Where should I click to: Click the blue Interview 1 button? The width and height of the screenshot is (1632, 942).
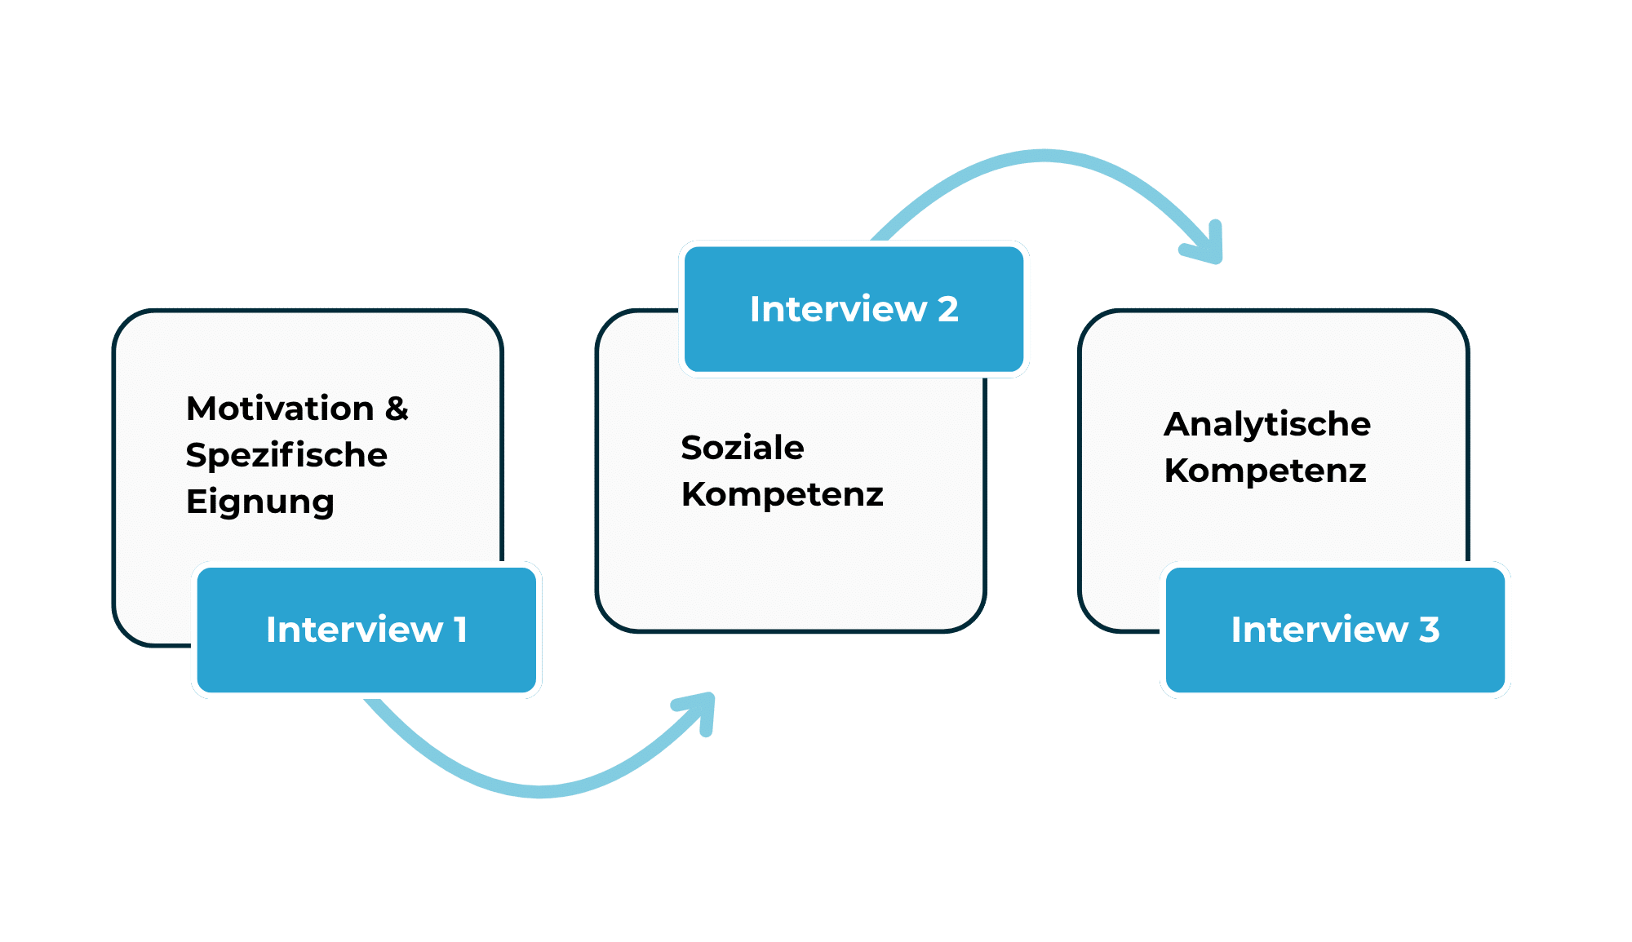tap(366, 630)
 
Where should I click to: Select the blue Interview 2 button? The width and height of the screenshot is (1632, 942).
tap(854, 310)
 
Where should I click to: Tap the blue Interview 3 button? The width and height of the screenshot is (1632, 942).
tap(1335, 630)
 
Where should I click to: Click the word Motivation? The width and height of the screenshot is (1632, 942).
tap(280, 409)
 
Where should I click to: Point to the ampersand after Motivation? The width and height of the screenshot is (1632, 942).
tap(397, 409)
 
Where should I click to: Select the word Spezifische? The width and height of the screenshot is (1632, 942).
tap(286, 455)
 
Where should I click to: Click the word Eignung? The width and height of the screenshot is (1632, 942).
tap(260, 502)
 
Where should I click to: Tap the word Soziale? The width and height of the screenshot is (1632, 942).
tap(743, 448)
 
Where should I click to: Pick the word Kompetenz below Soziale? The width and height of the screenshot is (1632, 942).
tap(783, 494)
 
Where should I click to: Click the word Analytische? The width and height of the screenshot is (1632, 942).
tap(1267, 424)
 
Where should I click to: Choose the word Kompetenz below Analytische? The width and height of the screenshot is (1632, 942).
tap(1265, 471)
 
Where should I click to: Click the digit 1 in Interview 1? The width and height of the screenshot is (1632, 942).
tap(460, 630)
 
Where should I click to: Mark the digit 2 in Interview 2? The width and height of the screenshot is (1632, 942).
tap(947, 310)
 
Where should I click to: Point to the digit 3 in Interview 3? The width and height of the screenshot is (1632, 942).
tap(1429, 630)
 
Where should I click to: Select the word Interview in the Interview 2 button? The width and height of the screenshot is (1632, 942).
tap(838, 310)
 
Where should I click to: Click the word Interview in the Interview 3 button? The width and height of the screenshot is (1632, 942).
tap(1319, 630)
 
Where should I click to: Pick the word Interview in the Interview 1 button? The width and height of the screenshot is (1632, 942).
tap(354, 630)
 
